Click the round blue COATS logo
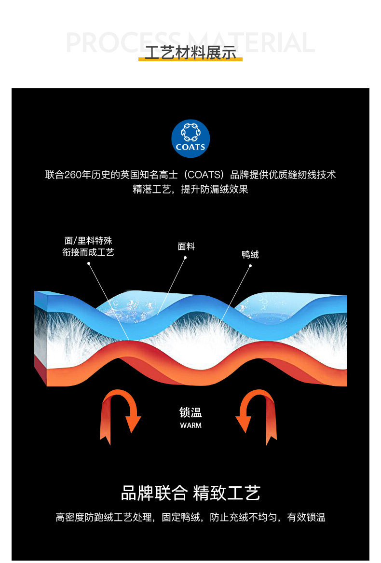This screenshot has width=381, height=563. (190, 138)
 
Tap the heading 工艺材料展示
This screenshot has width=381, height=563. (190, 53)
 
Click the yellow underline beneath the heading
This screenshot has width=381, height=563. (190, 59)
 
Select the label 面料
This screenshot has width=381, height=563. (186, 247)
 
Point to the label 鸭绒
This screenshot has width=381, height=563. (250, 255)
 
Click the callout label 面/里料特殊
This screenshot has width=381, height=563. (88, 240)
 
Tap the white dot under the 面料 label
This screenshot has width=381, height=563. (185, 258)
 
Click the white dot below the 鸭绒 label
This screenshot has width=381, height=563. (250, 266)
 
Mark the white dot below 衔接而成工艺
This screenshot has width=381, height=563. (89, 263)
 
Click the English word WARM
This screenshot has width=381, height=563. (190, 426)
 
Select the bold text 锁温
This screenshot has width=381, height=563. (190, 412)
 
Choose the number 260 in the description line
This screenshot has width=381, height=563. (73, 175)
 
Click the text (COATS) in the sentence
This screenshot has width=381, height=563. (204, 175)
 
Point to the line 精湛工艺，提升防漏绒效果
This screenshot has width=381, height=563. (190, 189)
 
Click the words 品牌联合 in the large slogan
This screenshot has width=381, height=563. (154, 493)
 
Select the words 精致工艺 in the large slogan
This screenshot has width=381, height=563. (227, 493)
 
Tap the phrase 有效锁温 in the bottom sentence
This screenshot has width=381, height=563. (306, 517)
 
